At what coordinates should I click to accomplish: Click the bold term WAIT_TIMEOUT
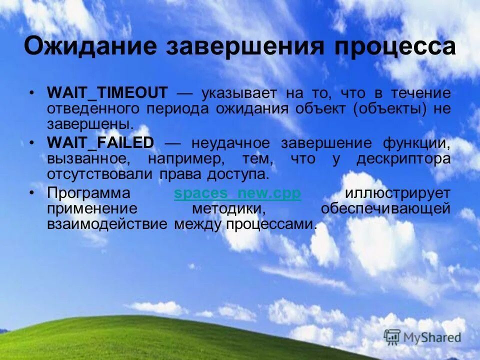click(107, 93)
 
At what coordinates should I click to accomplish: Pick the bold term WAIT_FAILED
click(100, 143)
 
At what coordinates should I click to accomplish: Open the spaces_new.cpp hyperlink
click(237, 193)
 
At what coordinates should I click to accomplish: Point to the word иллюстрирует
click(397, 193)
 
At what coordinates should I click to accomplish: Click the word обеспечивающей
click(385, 209)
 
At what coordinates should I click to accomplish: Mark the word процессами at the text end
click(271, 224)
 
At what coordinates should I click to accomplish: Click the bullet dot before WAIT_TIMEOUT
click(32, 93)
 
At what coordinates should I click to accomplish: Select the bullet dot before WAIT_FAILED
click(32, 143)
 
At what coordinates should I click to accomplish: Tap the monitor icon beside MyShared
click(392, 336)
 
